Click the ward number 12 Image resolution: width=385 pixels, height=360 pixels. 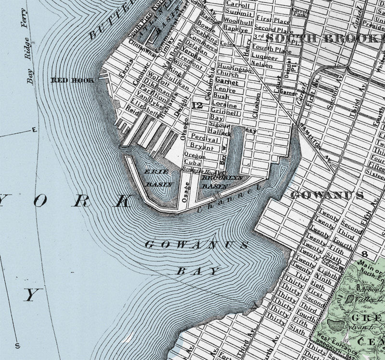tap(196, 105)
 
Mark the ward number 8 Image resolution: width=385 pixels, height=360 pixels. tap(364, 253)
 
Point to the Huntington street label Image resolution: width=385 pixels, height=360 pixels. tap(234, 69)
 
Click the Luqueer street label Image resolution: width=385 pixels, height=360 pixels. tap(265, 57)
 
